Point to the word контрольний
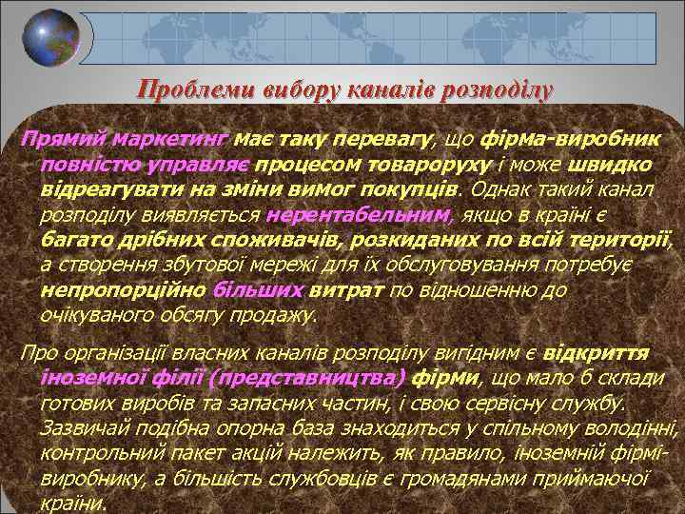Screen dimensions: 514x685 coord(101,452)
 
